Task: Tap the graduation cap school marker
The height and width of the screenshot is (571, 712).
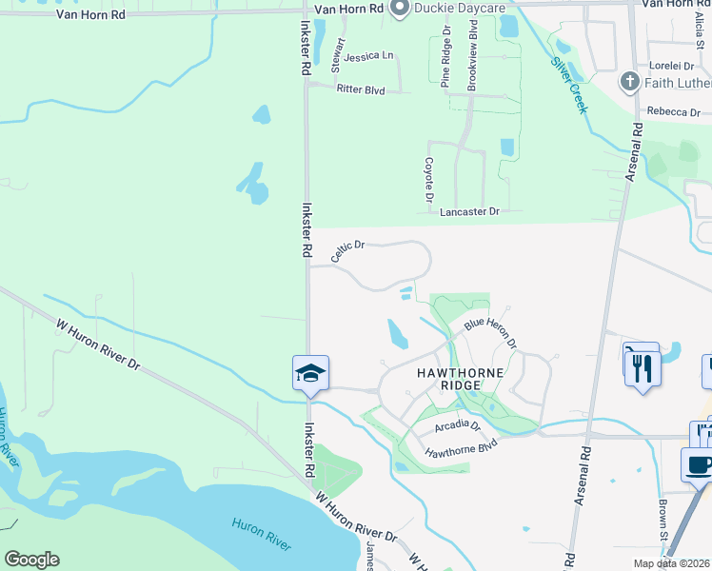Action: pos(311,372)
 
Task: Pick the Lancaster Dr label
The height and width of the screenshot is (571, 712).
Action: pos(469,212)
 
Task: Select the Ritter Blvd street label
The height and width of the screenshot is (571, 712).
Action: pos(360,89)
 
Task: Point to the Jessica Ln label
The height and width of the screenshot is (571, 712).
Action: pos(369,56)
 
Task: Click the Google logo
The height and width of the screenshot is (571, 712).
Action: pos(31,559)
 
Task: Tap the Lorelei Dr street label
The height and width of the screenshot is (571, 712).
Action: pos(670,66)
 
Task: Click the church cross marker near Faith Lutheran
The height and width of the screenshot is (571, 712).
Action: pos(629,82)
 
